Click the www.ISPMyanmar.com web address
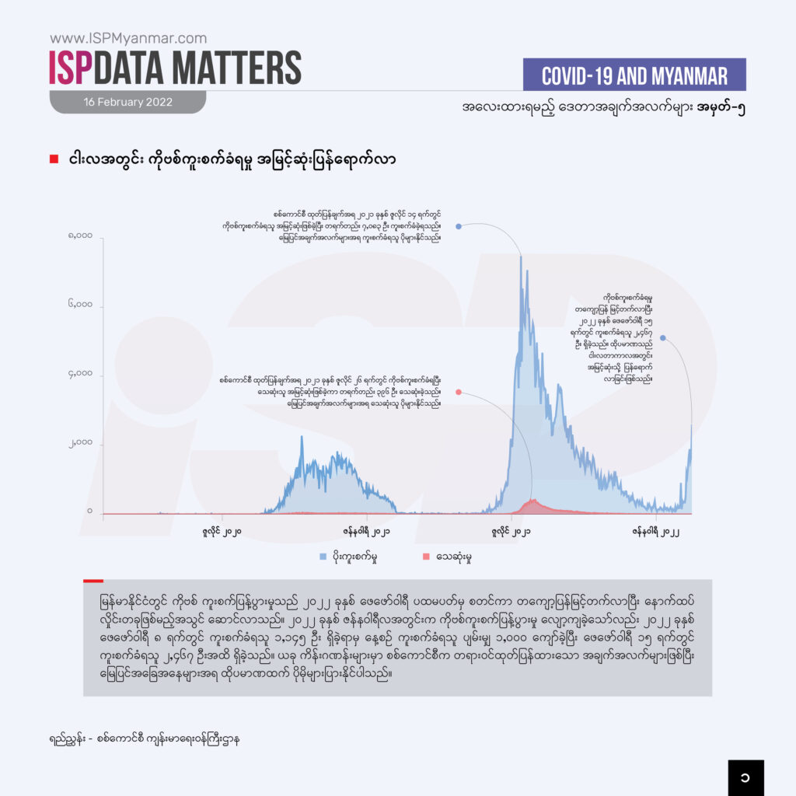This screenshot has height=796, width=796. click(128, 37)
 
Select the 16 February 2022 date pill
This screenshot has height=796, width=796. click(128, 102)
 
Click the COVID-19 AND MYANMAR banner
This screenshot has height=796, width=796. click(634, 75)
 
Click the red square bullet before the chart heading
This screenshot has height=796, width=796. click(54, 159)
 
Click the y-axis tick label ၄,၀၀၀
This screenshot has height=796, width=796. click(79, 375)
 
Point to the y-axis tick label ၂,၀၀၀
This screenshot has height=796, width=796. click(79, 443)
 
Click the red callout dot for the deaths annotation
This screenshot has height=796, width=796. click(459, 393)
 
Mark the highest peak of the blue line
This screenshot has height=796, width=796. click(521, 257)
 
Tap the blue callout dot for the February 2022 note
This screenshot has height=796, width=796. click(662, 337)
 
